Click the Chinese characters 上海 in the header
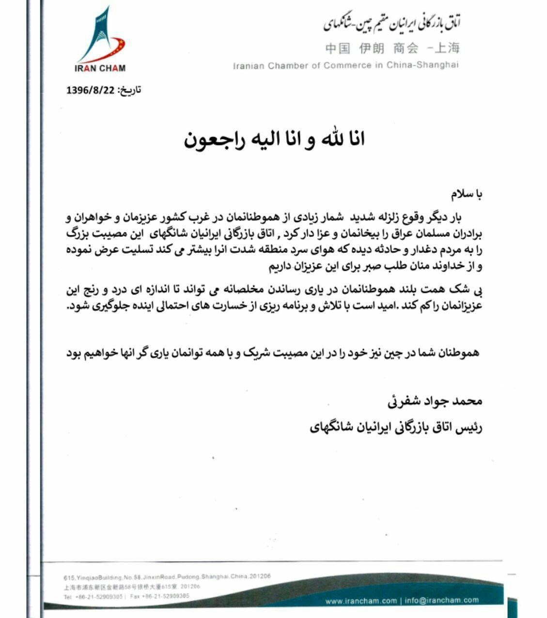447,48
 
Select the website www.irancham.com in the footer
361,601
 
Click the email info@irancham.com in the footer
442,601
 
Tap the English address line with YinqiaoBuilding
167,577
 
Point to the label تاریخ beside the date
130,90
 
